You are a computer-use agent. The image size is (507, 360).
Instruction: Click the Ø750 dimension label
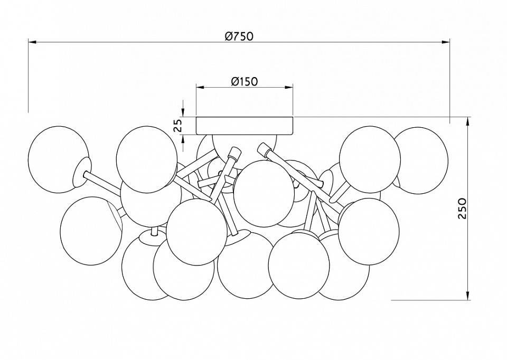(x=239, y=36)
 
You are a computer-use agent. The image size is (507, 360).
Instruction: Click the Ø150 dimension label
(x=244, y=81)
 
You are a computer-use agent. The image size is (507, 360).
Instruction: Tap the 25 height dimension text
(x=179, y=125)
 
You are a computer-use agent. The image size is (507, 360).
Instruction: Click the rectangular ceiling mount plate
(x=245, y=125)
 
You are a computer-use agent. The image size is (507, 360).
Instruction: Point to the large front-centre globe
(x=264, y=193)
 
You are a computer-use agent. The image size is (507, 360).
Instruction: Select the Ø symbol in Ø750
(x=228, y=36)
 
